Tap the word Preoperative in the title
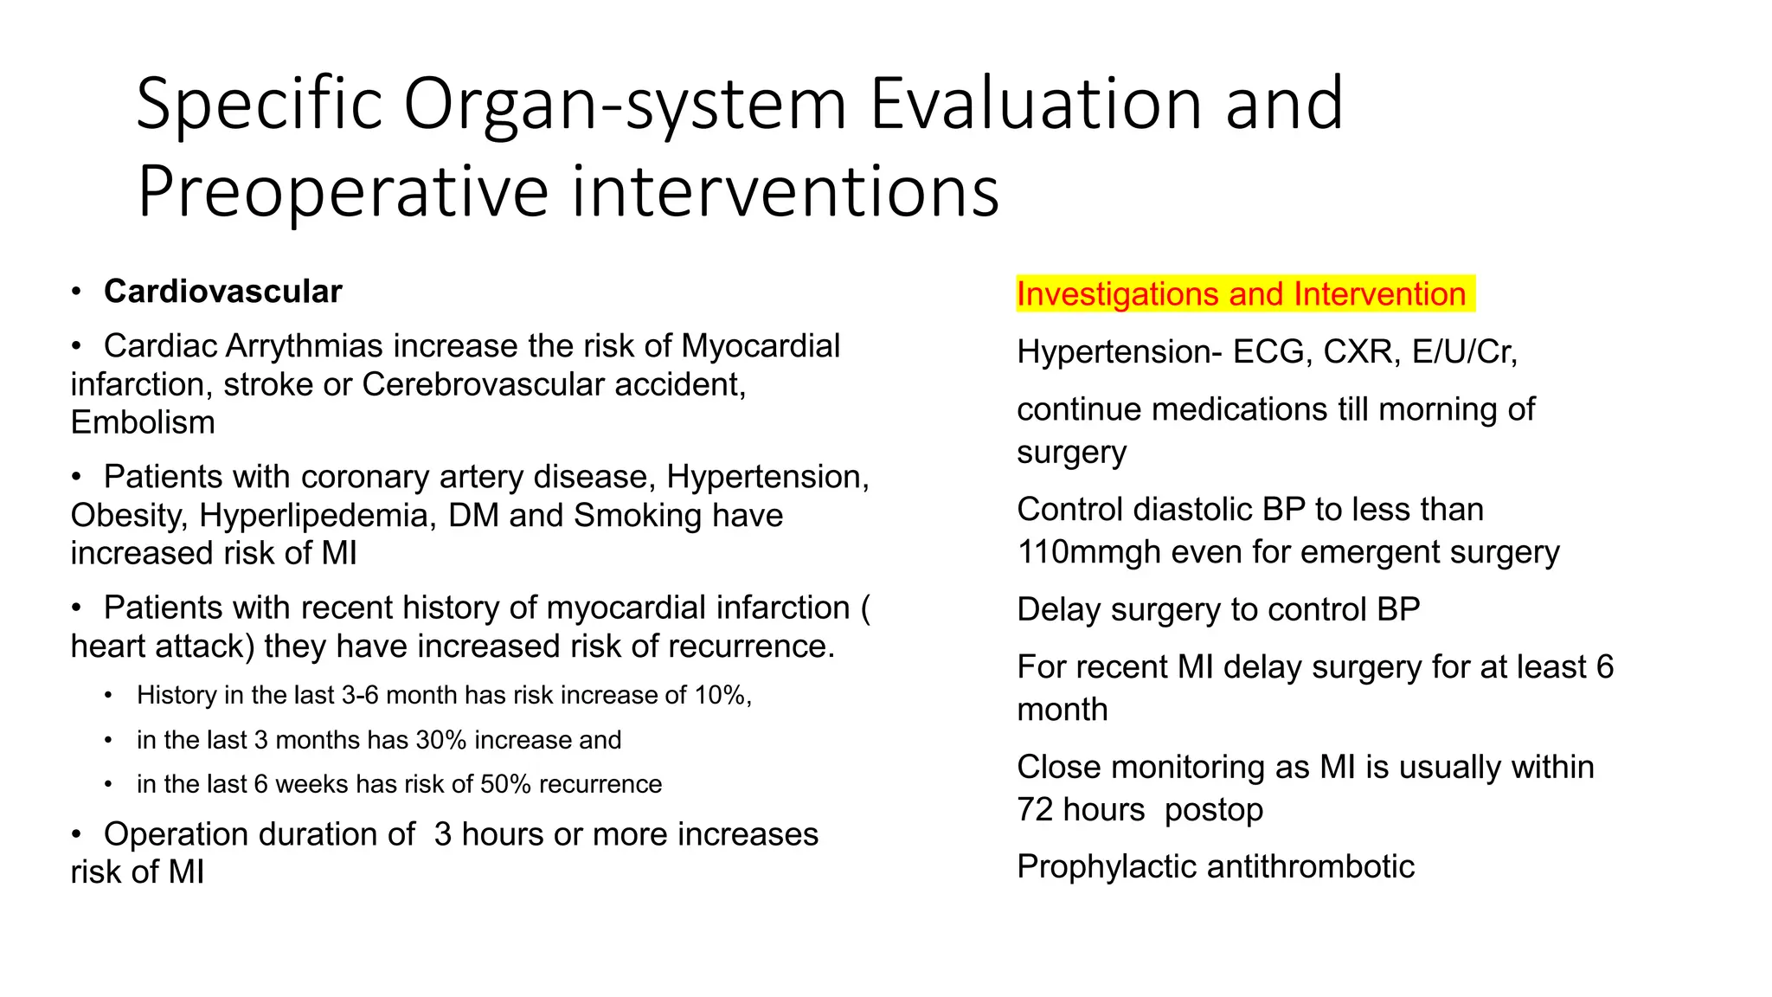click(x=343, y=192)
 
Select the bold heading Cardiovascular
click(x=222, y=292)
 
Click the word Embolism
click(x=143, y=422)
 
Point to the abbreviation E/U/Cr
click(x=1463, y=351)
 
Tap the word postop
click(x=1213, y=810)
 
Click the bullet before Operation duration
click(x=77, y=834)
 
